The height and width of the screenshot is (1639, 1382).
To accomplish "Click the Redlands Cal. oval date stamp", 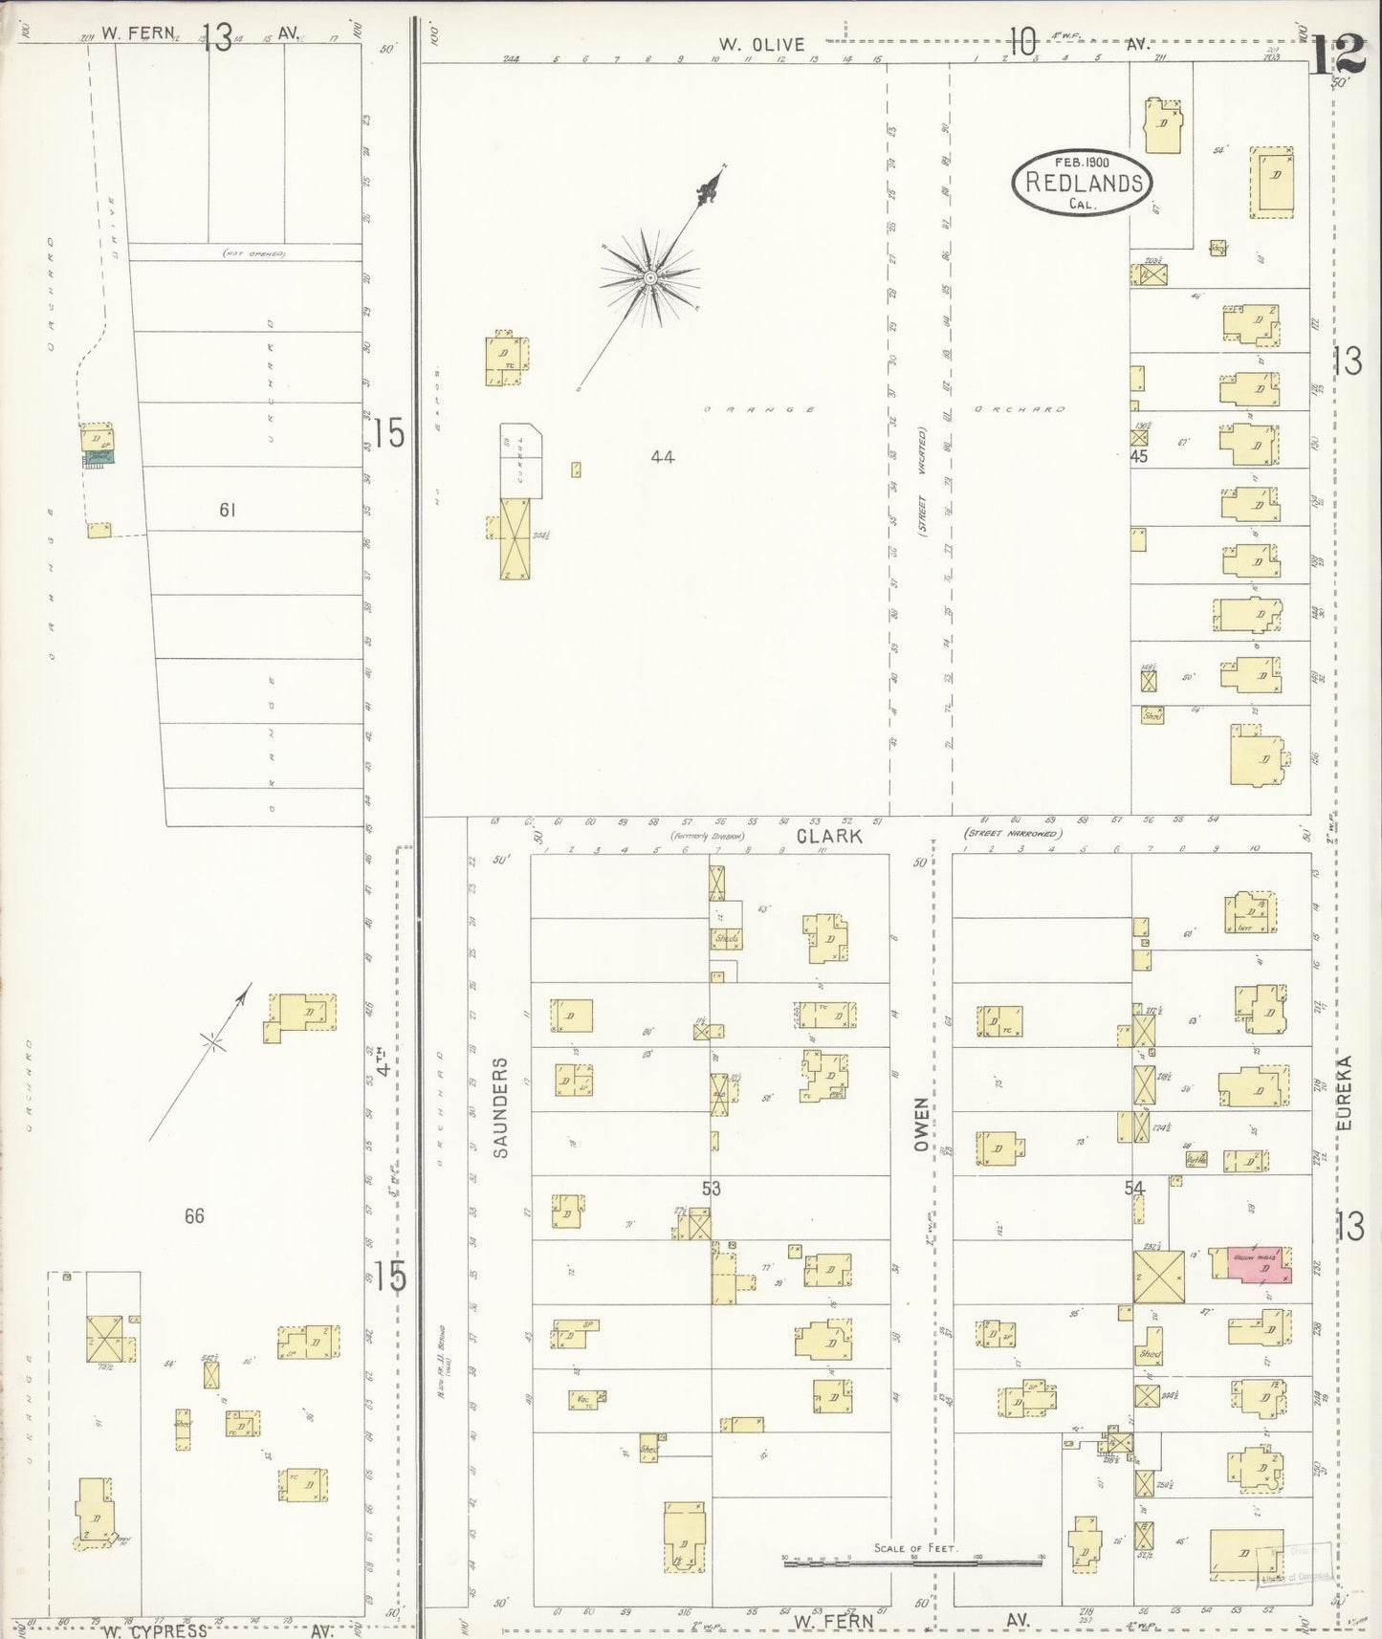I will [1083, 182].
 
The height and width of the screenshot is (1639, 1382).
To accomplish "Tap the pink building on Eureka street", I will [1259, 1264].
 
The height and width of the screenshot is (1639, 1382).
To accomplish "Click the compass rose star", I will [649, 277].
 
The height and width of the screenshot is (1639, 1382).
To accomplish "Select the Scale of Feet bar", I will [912, 1563].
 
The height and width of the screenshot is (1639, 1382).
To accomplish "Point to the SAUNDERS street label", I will [501, 1107].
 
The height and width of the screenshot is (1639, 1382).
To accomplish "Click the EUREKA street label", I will [1345, 1093].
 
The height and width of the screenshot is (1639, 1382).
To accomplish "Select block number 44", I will [662, 457].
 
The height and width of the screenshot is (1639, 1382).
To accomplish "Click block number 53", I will [711, 1189].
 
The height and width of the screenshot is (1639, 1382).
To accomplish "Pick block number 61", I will [227, 510].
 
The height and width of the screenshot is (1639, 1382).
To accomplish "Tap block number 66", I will [194, 1216].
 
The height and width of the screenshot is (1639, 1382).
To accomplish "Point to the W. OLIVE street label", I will [762, 44].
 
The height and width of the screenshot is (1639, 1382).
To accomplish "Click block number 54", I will [1134, 1188].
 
